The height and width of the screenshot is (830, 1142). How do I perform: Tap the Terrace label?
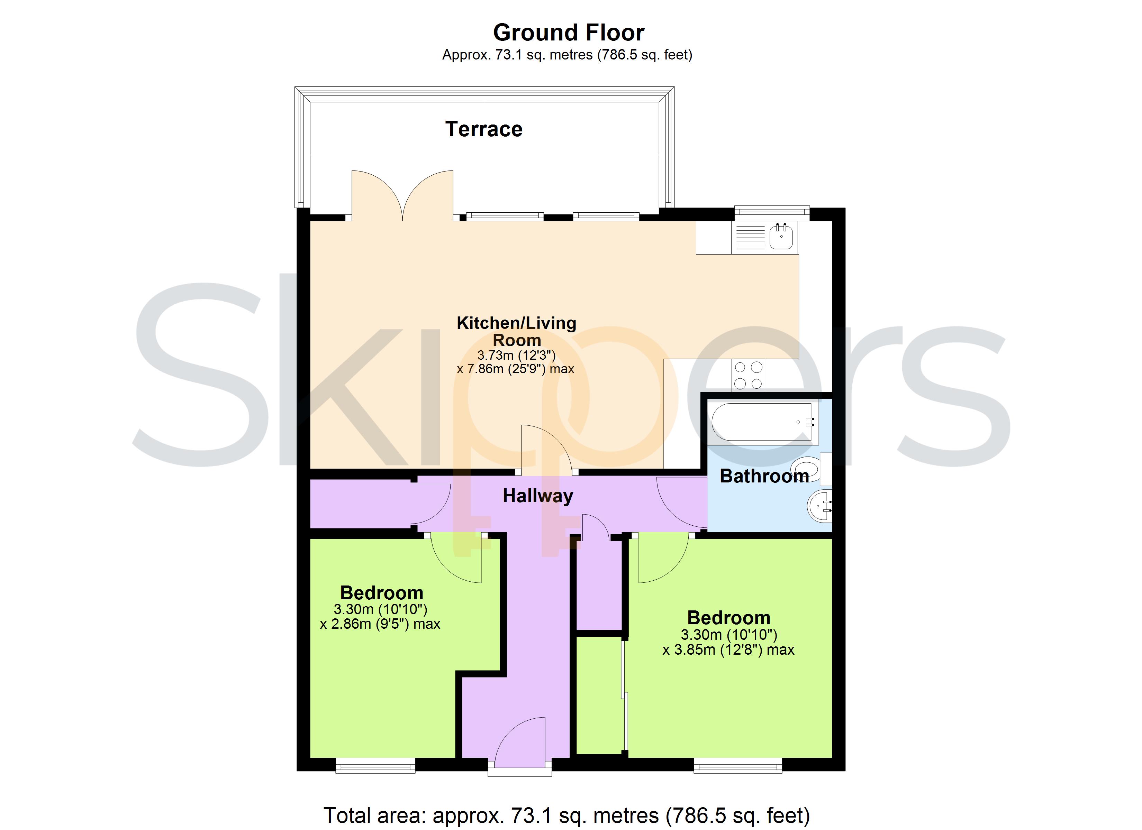[x=484, y=129]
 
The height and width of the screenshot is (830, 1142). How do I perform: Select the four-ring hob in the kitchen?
[x=748, y=376]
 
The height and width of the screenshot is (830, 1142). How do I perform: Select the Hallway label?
[x=538, y=496]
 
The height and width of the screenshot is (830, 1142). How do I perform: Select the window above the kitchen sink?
[x=772, y=213]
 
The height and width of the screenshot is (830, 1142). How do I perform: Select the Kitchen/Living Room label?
[x=517, y=331]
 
